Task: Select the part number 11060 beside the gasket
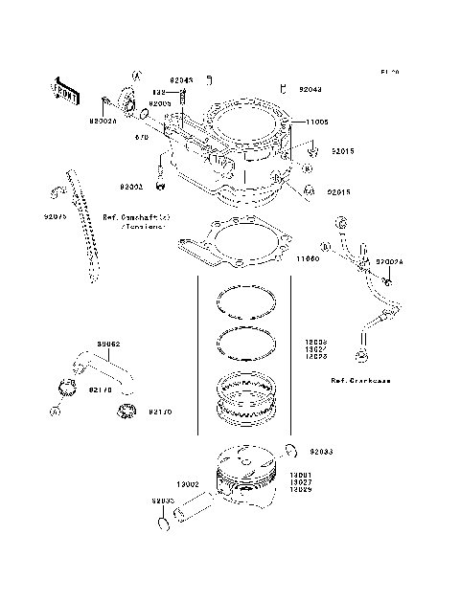307,259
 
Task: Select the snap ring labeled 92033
290,450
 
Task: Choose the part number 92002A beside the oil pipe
390,260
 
